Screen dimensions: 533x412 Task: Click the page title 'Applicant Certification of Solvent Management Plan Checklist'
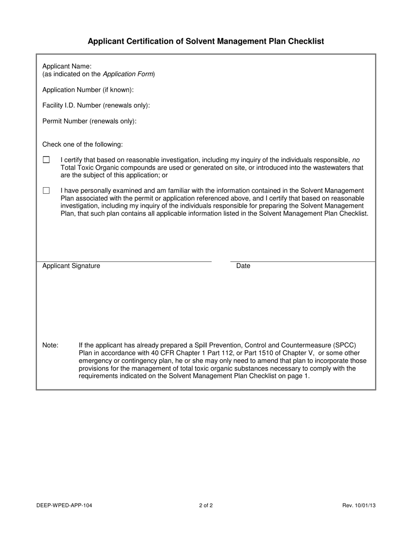pos(206,41)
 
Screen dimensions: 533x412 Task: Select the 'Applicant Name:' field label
pos(67,66)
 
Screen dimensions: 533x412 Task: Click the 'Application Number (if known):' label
pos(88,90)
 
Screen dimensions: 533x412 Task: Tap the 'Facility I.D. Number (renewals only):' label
pos(96,105)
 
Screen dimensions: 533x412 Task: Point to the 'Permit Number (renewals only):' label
pos(89,121)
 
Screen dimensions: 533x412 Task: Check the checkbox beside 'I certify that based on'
pos(46,160)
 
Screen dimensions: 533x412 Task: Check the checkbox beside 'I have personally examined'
pos(46,191)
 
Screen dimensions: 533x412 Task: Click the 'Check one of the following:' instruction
pos(82,144)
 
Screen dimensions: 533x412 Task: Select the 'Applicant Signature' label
pos(71,266)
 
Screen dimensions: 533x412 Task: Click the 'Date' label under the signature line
pos(243,266)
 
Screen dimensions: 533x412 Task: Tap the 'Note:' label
pos(50,345)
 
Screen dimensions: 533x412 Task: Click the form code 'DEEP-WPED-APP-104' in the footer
pos(64,505)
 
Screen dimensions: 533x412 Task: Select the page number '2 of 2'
pos(206,505)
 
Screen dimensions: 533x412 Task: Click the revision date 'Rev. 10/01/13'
pos(359,505)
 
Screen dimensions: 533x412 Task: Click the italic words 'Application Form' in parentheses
pos(128,74)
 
